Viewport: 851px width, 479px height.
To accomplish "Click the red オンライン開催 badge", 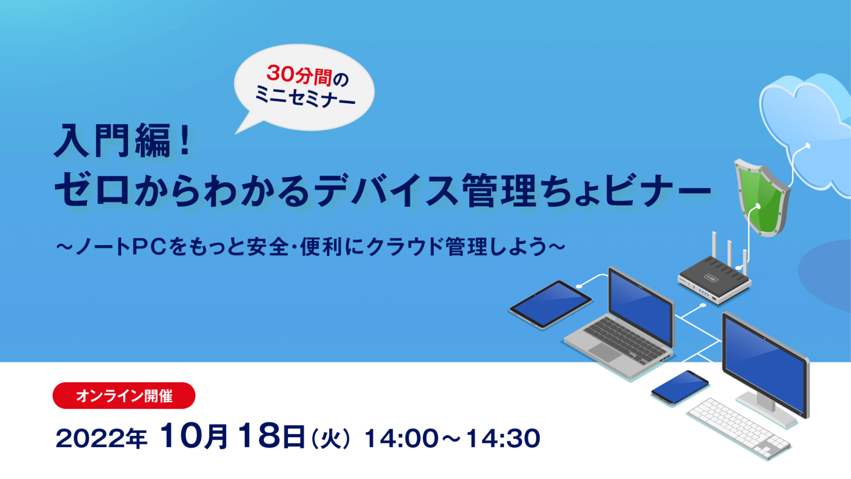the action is coord(124,396).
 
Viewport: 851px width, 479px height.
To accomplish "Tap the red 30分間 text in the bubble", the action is coord(299,75).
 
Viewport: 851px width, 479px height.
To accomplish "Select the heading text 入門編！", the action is coord(123,141).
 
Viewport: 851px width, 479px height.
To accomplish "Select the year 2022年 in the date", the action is coord(101,438).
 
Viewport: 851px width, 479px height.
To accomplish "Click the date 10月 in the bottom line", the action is coord(194,436).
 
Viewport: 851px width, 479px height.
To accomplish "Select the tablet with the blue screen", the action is coord(550,304).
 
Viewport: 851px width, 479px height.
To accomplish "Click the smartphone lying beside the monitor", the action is coord(680,387).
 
